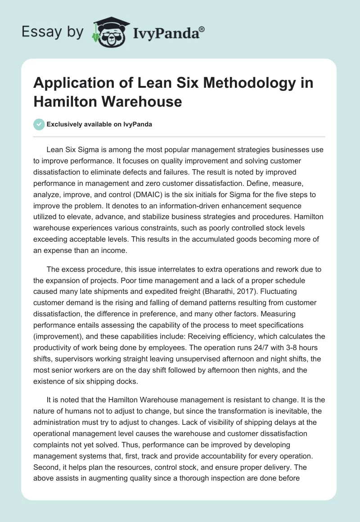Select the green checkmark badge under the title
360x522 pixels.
39,124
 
